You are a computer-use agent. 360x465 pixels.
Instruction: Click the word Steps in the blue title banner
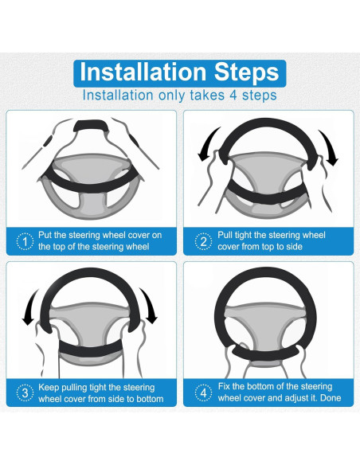point(247,72)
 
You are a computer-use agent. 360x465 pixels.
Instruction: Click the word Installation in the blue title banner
point(143,72)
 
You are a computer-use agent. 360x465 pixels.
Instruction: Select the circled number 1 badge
point(25,242)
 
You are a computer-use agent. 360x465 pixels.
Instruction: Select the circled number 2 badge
point(203,242)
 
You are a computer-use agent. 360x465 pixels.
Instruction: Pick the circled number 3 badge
point(25,393)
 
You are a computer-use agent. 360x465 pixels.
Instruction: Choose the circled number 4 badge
point(203,393)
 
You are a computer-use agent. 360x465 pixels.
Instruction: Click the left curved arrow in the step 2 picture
point(208,143)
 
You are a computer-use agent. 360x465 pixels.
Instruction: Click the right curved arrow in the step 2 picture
point(330,146)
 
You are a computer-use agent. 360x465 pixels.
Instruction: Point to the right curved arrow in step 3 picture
point(150,305)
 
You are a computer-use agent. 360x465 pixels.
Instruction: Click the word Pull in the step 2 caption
point(225,235)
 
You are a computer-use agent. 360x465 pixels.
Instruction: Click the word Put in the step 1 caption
point(45,235)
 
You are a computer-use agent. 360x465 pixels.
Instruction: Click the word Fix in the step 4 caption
point(224,386)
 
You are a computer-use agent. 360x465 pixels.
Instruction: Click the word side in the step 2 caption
point(294,247)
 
